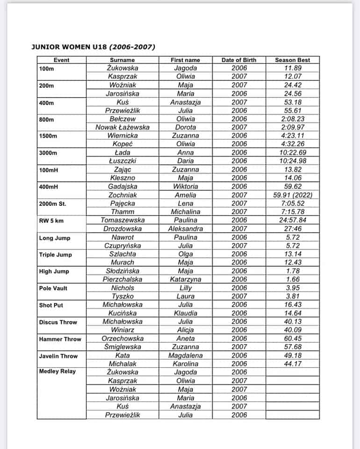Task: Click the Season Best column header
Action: (x=292, y=60)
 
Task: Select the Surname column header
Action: (x=122, y=60)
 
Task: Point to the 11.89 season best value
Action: (x=292, y=68)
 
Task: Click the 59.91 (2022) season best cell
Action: (x=292, y=195)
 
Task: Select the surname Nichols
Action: (x=122, y=288)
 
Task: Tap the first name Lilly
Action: (x=186, y=288)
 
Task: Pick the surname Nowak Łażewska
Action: (x=122, y=127)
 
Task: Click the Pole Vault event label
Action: (x=53, y=288)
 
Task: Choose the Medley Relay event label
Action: (x=57, y=372)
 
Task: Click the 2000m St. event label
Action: (x=53, y=203)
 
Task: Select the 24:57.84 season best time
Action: (x=292, y=220)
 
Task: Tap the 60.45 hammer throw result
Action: (x=292, y=339)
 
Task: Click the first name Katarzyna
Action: (x=186, y=280)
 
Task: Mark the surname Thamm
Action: (x=122, y=212)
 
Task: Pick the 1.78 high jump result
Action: (x=292, y=271)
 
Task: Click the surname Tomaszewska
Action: (x=122, y=220)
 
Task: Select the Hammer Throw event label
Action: (x=60, y=339)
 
